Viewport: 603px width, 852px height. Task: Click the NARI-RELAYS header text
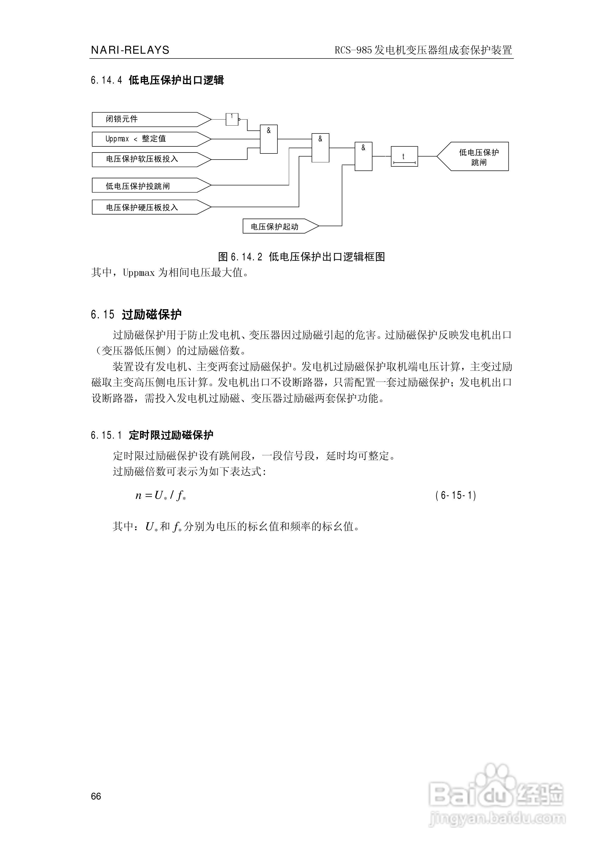[130, 50]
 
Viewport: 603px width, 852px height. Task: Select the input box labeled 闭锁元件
[148, 119]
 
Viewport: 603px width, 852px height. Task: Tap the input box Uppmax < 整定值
[148, 139]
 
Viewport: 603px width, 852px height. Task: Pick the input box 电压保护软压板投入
[148, 159]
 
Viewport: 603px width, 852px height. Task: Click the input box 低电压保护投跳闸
[148, 186]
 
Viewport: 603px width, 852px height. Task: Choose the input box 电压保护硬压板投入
[148, 207]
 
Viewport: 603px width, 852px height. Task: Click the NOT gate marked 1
[232, 119]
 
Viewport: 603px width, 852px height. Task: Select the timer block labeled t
[404, 156]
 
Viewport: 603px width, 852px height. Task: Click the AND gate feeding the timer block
[363, 156]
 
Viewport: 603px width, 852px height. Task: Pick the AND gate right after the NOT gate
[269, 139]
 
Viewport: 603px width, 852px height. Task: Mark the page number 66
[96, 796]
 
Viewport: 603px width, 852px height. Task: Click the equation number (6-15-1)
[456, 495]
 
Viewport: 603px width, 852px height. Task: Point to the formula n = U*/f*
[160, 495]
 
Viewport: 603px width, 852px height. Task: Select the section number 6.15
[102, 315]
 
